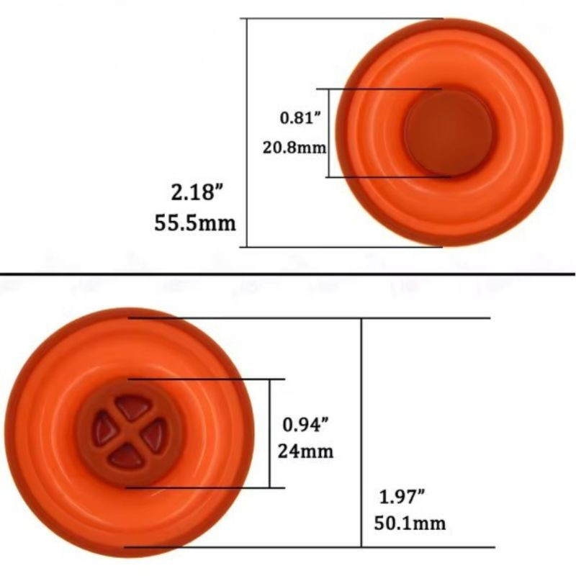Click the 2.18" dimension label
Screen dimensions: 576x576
(197, 192)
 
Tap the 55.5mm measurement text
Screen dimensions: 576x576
(195, 222)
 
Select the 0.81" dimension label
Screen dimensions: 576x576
(300, 117)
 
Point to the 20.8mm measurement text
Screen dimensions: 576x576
(294, 148)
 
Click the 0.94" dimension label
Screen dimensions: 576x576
(305, 425)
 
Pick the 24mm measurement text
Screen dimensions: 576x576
(305, 451)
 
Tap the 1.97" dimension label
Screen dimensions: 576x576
(402, 497)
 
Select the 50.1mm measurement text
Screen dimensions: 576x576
(410, 523)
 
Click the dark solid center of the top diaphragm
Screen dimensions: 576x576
(448, 133)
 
